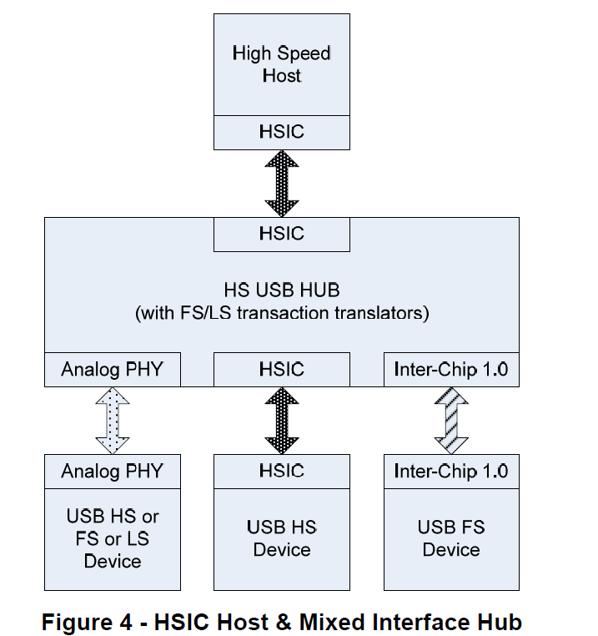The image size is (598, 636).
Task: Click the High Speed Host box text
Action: (281, 64)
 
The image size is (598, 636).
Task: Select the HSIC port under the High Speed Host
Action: (281, 132)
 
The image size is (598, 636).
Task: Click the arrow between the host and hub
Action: (281, 183)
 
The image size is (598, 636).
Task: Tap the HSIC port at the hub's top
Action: (281, 234)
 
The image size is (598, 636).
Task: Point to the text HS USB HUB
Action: (281, 290)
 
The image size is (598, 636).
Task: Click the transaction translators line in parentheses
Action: (281, 314)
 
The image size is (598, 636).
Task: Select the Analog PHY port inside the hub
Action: (113, 369)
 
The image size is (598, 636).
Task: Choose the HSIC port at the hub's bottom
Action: (281, 369)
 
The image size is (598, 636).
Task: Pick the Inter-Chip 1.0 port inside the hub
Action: (450, 369)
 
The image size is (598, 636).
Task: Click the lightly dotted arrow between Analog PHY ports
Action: (113, 420)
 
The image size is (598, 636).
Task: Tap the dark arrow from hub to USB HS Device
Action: (281, 420)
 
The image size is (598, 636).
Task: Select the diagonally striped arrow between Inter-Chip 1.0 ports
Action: (450, 420)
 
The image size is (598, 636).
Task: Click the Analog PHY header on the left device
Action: (113, 471)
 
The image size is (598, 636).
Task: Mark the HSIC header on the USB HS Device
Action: (281, 471)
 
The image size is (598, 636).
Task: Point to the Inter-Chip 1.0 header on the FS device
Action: (450, 471)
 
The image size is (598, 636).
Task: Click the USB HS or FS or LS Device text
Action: (113, 538)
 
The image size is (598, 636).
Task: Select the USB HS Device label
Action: (281, 538)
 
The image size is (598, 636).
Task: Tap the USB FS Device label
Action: (450, 538)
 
